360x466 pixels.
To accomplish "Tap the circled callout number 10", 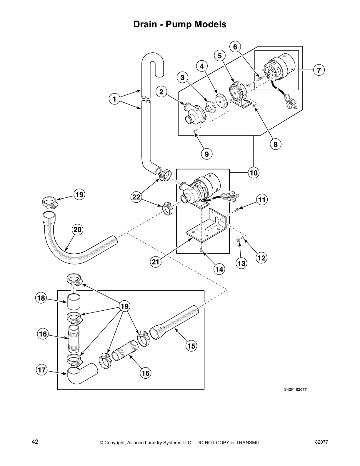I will [x=254, y=173].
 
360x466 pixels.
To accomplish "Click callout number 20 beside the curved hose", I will [x=78, y=229].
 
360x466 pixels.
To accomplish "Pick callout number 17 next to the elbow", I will [x=42, y=370].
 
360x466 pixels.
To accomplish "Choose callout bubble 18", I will [x=41, y=298].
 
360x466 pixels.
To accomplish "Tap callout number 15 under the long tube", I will [x=191, y=346].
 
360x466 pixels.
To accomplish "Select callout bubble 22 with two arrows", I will [x=136, y=197].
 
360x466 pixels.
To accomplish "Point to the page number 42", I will [x=35, y=442].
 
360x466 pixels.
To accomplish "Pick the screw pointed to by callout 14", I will [x=201, y=250].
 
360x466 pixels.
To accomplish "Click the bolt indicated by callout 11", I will [x=237, y=209].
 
